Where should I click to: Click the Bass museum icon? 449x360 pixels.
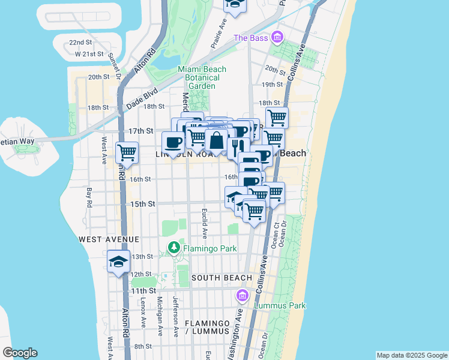pos(277,38)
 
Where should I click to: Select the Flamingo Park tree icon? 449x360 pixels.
pos(174,247)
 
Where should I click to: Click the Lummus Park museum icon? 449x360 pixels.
pos(243,295)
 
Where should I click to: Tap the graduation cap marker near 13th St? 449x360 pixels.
pos(119,262)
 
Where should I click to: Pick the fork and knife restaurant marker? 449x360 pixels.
pos(238,148)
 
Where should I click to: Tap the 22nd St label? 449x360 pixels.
pos(80,43)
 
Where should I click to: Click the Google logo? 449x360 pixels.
pos(20,353)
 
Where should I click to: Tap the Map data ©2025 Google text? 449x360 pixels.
pos(411,355)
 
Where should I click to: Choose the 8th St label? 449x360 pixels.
pos(143,346)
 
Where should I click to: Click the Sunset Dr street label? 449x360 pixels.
pos(115,67)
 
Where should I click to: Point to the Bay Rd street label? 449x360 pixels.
pos(89,197)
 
